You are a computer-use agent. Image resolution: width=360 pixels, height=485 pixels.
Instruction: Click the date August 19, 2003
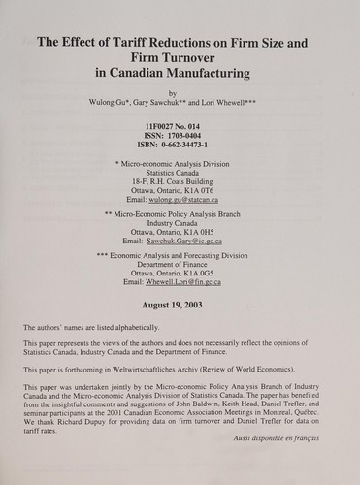[x=180, y=306]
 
